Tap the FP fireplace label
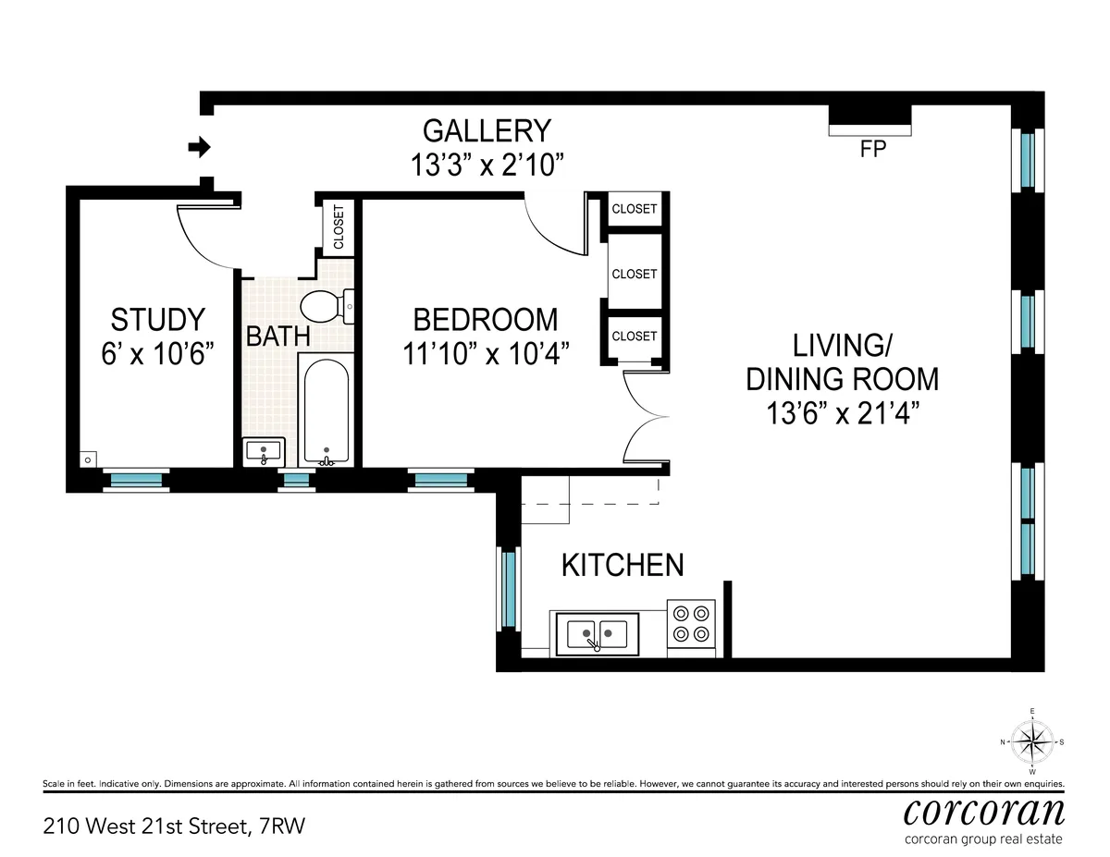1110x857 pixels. pyautogui.click(x=872, y=149)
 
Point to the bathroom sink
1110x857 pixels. pyautogui.click(x=265, y=453)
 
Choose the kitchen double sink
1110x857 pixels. pyautogui.click(x=597, y=634)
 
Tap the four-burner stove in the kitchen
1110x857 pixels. pyautogui.click(x=692, y=623)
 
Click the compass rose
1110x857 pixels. pyautogui.click(x=1032, y=741)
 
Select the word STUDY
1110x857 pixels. pyautogui.click(x=157, y=320)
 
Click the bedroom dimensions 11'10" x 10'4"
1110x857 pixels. pyautogui.click(x=485, y=352)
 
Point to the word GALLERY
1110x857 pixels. pyautogui.click(x=487, y=131)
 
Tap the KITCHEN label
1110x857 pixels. pyautogui.click(x=623, y=565)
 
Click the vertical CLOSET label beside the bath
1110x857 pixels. pyautogui.click(x=338, y=226)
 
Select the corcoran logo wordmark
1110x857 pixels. pyautogui.click(x=983, y=811)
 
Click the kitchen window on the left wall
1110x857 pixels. pyautogui.click(x=507, y=588)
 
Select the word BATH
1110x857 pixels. pyautogui.click(x=277, y=336)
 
